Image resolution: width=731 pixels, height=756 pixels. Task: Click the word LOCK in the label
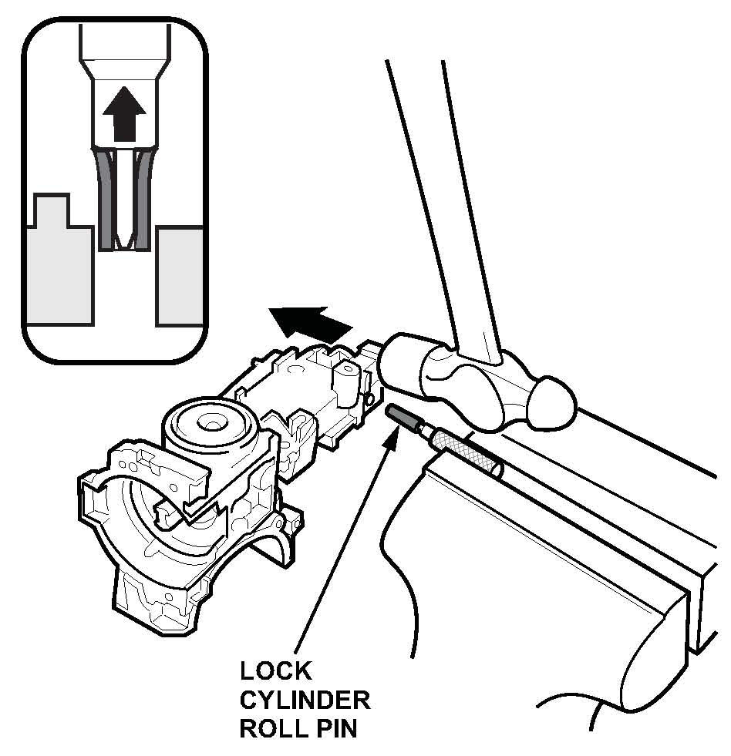pyautogui.click(x=275, y=671)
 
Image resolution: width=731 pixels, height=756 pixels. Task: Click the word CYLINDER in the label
pyautogui.click(x=304, y=701)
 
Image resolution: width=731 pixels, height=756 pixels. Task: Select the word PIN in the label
pyautogui.click(x=332, y=729)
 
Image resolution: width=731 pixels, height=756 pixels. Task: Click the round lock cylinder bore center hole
pyautogui.click(x=207, y=422)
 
